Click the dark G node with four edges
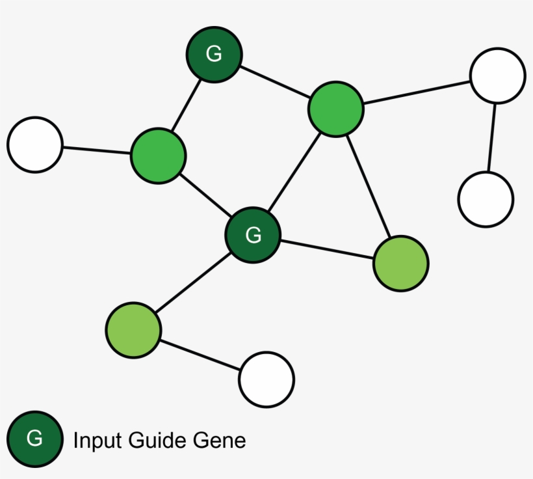pyautogui.click(x=253, y=235)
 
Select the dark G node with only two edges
pyautogui.click(x=214, y=55)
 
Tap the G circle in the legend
pyautogui.click(x=34, y=439)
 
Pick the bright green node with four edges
pyautogui.click(x=335, y=109)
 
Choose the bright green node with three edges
pyautogui.click(x=159, y=156)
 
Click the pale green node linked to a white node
pyautogui.click(x=133, y=330)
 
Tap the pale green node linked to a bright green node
pyautogui.click(x=401, y=264)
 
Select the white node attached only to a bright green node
pyautogui.click(x=35, y=144)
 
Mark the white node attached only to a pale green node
pyautogui.click(x=266, y=379)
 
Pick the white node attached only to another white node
pyautogui.click(x=486, y=199)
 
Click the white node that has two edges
pyautogui.click(x=497, y=75)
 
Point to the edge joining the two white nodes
pyautogui.click(x=492, y=137)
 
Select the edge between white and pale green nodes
pyautogui.click(x=200, y=355)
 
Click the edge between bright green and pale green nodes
pyautogui.click(x=368, y=186)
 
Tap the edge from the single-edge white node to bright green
pyautogui.click(x=97, y=150)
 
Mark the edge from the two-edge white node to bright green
pyautogui.click(x=417, y=92)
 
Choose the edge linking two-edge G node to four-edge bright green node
pyautogui.click(x=275, y=82)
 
